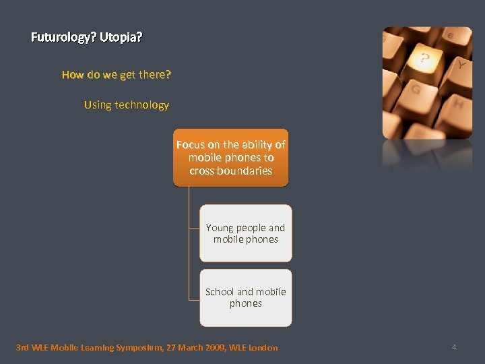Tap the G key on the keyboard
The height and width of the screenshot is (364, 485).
(x=416, y=90)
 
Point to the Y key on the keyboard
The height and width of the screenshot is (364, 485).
(x=460, y=65)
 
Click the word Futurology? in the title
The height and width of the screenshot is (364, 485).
(x=63, y=38)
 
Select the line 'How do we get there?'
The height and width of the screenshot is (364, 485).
(x=116, y=75)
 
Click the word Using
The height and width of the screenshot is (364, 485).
(x=98, y=105)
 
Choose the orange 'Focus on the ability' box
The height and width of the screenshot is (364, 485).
(x=230, y=158)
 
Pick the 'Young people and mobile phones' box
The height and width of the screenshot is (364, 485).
(x=246, y=233)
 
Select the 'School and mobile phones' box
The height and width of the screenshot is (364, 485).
(x=246, y=298)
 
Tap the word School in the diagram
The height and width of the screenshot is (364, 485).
(x=220, y=292)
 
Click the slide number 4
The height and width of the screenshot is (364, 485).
(x=454, y=347)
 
